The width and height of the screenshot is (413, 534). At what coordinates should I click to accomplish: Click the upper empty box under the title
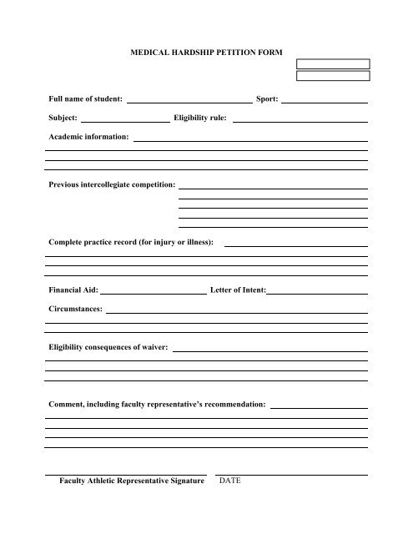click(333, 63)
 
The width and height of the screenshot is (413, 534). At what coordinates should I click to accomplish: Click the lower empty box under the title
click(333, 75)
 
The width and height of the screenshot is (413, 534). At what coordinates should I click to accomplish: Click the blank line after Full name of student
click(189, 100)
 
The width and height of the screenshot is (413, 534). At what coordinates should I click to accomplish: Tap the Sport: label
click(267, 99)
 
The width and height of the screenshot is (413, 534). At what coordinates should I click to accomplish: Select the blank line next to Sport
click(325, 100)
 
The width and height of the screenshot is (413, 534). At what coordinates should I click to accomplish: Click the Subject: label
click(64, 118)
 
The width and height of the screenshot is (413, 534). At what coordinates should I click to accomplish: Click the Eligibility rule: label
click(199, 118)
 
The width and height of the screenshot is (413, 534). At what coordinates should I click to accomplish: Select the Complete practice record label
click(131, 242)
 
